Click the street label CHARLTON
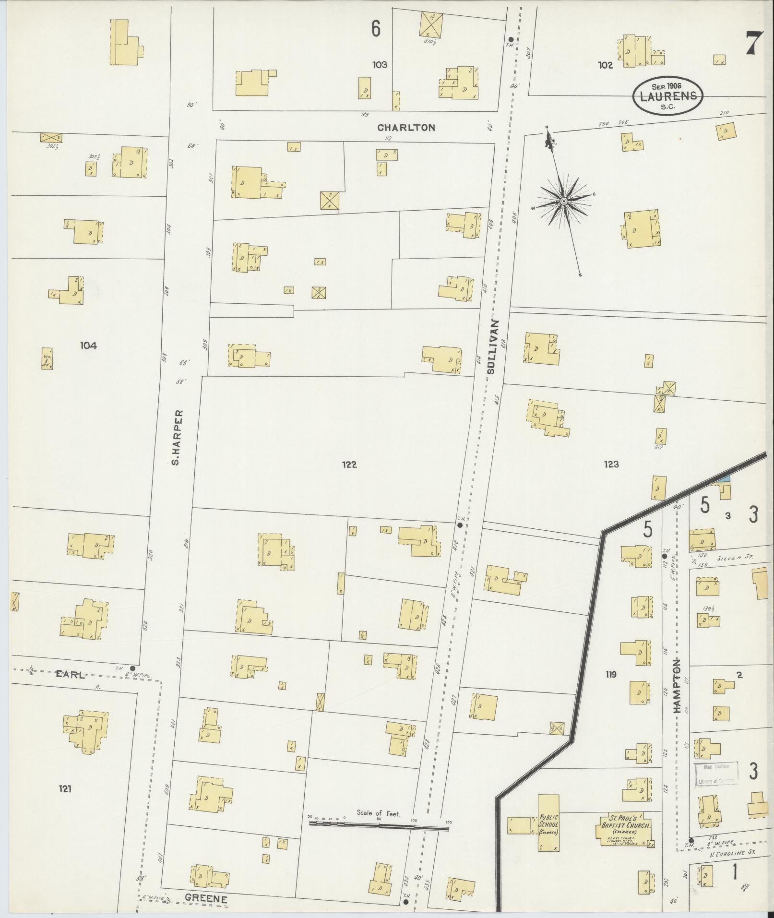click(x=406, y=128)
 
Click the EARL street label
click(x=71, y=674)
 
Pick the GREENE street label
click(x=206, y=898)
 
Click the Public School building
click(x=548, y=822)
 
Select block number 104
click(x=88, y=346)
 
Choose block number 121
click(x=65, y=788)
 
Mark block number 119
click(x=610, y=675)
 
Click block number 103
click(x=379, y=64)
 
